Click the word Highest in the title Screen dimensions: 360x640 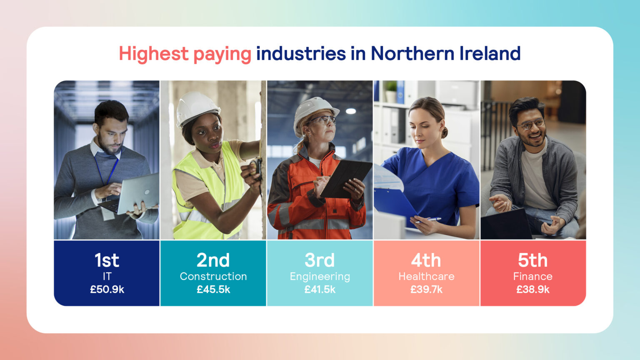[153, 54]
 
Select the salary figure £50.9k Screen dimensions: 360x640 [107, 290]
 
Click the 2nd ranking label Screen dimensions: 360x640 [213, 260]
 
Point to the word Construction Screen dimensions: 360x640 [213, 276]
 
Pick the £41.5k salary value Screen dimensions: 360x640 [320, 290]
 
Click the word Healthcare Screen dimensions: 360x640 [426, 276]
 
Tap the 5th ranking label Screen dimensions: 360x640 [532, 260]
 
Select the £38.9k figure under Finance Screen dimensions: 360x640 [532, 290]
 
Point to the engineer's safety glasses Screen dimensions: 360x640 [322, 120]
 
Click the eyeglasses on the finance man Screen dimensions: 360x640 [530, 124]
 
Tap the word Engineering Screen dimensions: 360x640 [320, 277]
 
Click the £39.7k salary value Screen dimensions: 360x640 [426, 290]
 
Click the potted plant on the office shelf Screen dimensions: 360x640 [391, 91]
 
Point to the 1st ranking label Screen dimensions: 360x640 [107, 260]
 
